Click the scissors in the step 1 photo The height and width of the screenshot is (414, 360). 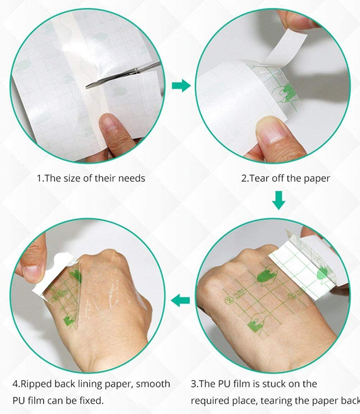tap(125, 77)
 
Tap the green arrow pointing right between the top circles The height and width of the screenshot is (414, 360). tap(181, 85)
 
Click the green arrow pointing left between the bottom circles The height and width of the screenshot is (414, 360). tap(181, 300)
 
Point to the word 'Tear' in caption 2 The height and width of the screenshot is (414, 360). tap(261, 179)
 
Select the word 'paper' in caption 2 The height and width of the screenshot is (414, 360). tap(316, 179)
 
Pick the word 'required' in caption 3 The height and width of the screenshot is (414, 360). tap(209, 400)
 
